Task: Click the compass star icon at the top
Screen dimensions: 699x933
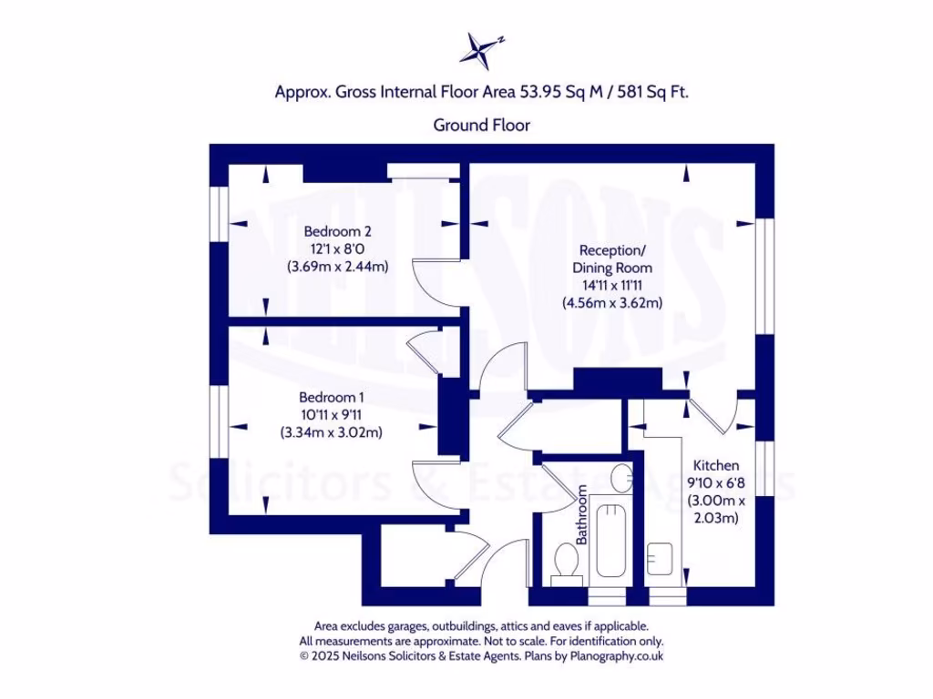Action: click(x=477, y=49)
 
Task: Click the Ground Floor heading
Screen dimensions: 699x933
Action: click(x=481, y=125)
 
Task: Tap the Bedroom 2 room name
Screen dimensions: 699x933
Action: click(x=337, y=230)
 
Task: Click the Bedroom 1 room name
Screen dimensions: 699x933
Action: click(x=332, y=397)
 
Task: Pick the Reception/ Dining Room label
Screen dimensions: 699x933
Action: click(x=611, y=258)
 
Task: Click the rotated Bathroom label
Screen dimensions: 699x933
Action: click(x=580, y=514)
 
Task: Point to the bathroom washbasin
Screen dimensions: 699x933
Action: click(x=621, y=476)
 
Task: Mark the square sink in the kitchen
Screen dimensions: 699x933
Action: click(x=661, y=556)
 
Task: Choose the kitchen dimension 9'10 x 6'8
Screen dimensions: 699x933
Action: click(x=715, y=483)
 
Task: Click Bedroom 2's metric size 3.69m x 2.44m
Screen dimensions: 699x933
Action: click(x=337, y=267)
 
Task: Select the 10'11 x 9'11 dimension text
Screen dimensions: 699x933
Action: click(x=331, y=415)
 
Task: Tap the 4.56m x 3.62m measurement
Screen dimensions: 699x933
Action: click(x=611, y=303)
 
